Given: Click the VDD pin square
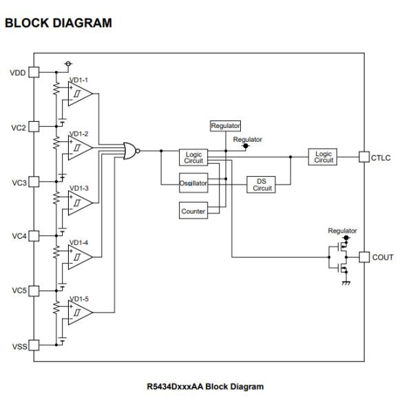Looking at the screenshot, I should (x=33, y=72).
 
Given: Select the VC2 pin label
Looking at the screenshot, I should (x=17, y=127).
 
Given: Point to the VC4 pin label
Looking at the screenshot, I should (x=17, y=236).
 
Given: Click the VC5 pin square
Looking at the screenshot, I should (x=33, y=290).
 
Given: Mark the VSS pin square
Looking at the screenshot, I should (x=33, y=346).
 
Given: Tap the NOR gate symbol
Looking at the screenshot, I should (x=130, y=150).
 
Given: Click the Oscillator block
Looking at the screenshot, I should (x=193, y=184).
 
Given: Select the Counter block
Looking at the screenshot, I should (x=193, y=211).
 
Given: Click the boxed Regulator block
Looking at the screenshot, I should (x=225, y=126).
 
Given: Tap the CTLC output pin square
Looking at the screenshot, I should (x=364, y=157).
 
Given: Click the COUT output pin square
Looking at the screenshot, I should (x=364, y=257).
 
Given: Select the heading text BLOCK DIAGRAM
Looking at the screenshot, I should (x=58, y=23).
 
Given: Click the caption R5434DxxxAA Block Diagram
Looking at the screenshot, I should (x=205, y=386).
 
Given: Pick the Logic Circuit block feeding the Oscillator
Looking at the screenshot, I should (x=193, y=157).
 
